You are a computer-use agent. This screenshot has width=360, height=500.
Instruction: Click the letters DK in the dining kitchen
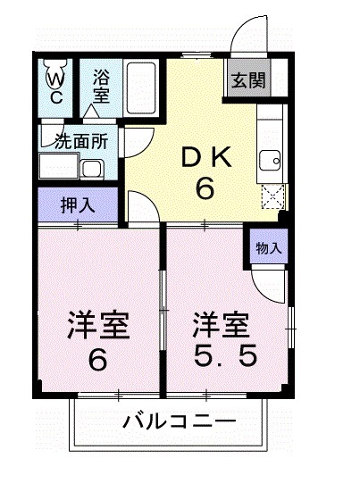[x=206, y=156]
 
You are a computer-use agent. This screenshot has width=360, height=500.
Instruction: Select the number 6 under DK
[x=205, y=188]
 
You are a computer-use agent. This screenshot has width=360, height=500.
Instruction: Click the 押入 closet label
[x=77, y=204]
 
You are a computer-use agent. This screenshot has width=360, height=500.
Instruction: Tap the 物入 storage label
[x=267, y=247]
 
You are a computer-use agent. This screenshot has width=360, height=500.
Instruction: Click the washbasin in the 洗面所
[x=92, y=168]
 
